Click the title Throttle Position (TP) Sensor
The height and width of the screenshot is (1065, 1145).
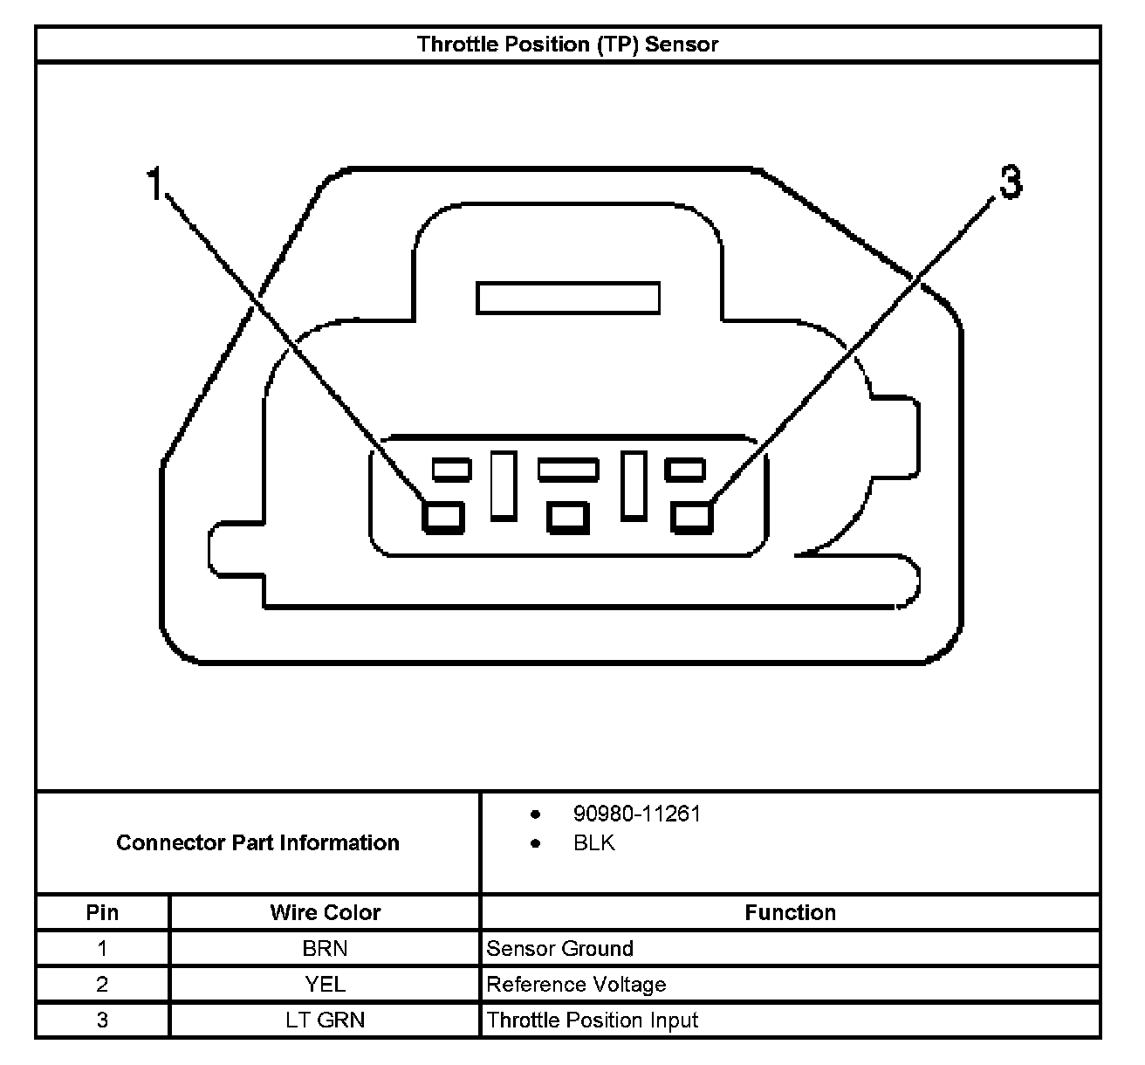tap(567, 45)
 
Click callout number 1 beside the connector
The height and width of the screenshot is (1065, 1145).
tap(154, 184)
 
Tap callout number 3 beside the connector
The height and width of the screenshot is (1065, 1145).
tap(1010, 183)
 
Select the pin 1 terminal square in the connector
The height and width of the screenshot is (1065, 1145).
tap(443, 516)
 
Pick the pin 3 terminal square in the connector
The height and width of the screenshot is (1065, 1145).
tap(693, 516)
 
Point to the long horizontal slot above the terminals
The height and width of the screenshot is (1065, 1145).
tap(568, 298)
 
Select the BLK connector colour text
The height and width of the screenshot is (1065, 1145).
tap(594, 843)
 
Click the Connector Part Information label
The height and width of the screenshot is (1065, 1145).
tap(257, 842)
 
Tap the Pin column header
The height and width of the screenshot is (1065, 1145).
tap(102, 912)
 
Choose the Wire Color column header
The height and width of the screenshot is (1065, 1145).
tap(325, 912)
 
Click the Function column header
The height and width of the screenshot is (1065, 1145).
tap(790, 912)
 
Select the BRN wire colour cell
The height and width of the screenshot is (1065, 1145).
tap(325, 949)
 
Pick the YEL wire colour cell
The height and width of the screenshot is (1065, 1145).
tap(325, 985)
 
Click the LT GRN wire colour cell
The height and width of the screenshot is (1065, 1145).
tap(325, 1020)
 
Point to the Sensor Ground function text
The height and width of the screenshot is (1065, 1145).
tap(559, 949)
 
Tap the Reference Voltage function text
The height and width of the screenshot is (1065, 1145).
tap(576, 985)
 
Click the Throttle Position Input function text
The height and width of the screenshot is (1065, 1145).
tap(593, 1020)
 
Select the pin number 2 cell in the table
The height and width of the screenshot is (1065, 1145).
tap(102, 985)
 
